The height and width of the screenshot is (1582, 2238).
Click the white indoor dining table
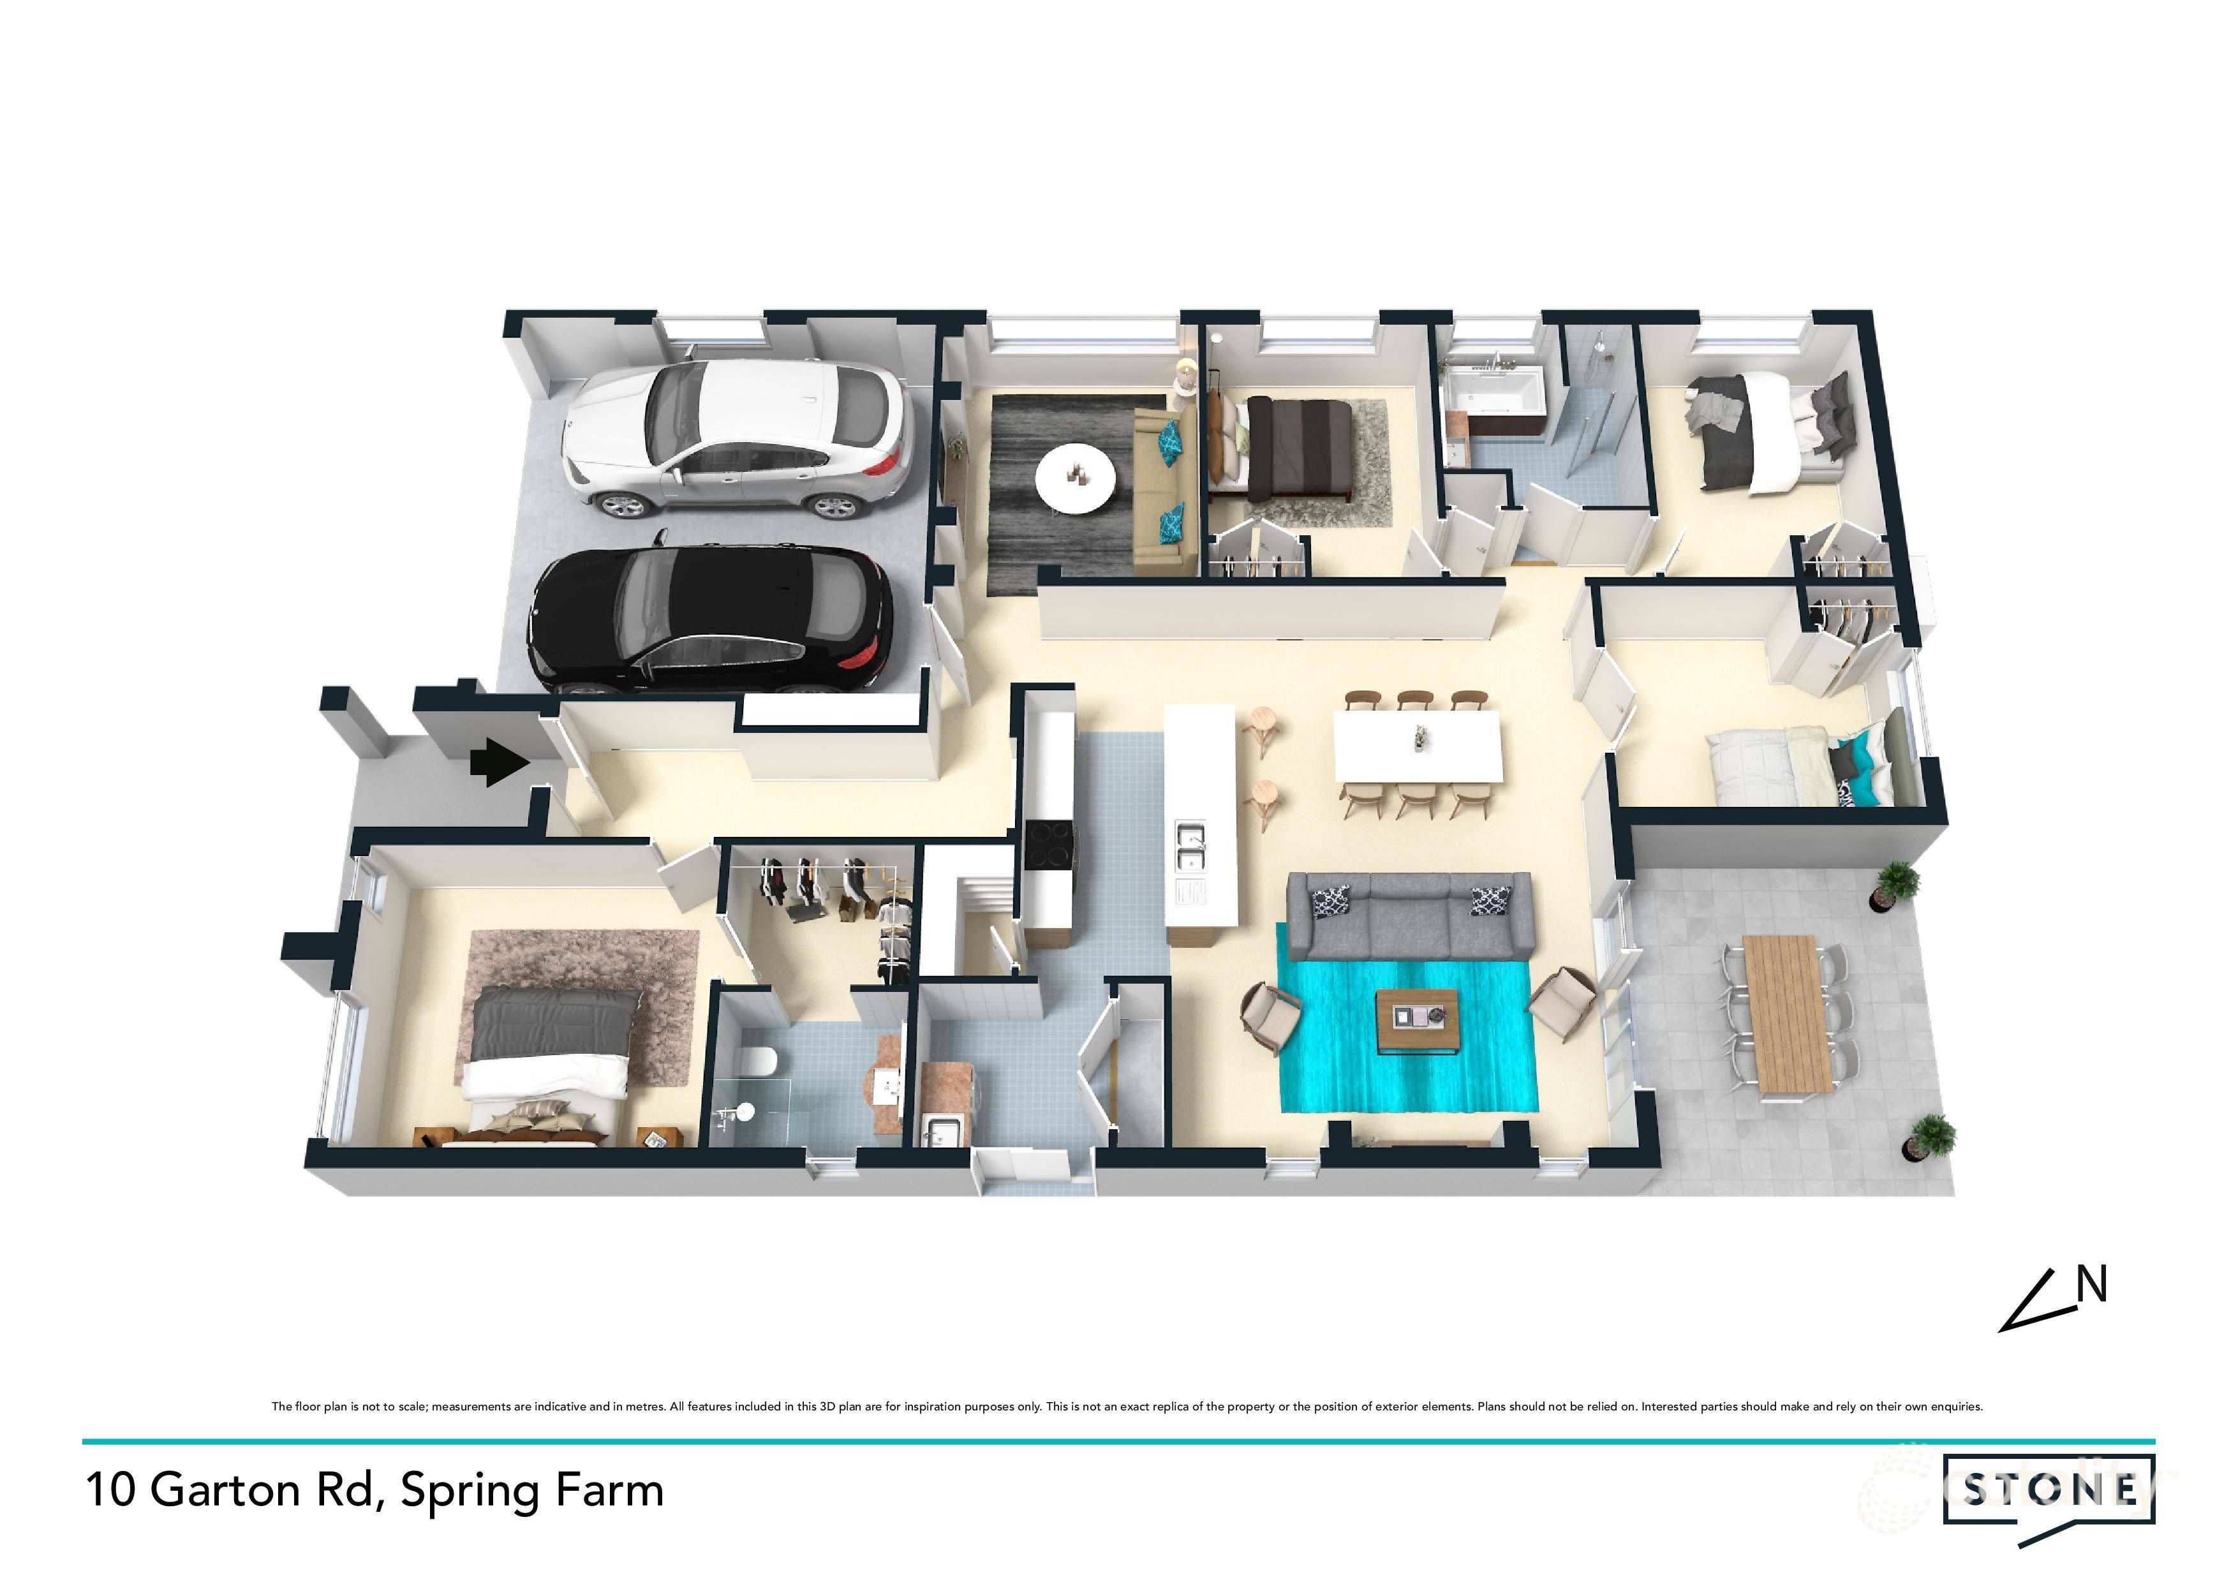(x=1416, y=746)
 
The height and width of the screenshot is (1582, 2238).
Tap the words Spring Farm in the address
(x=532, y=1490)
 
